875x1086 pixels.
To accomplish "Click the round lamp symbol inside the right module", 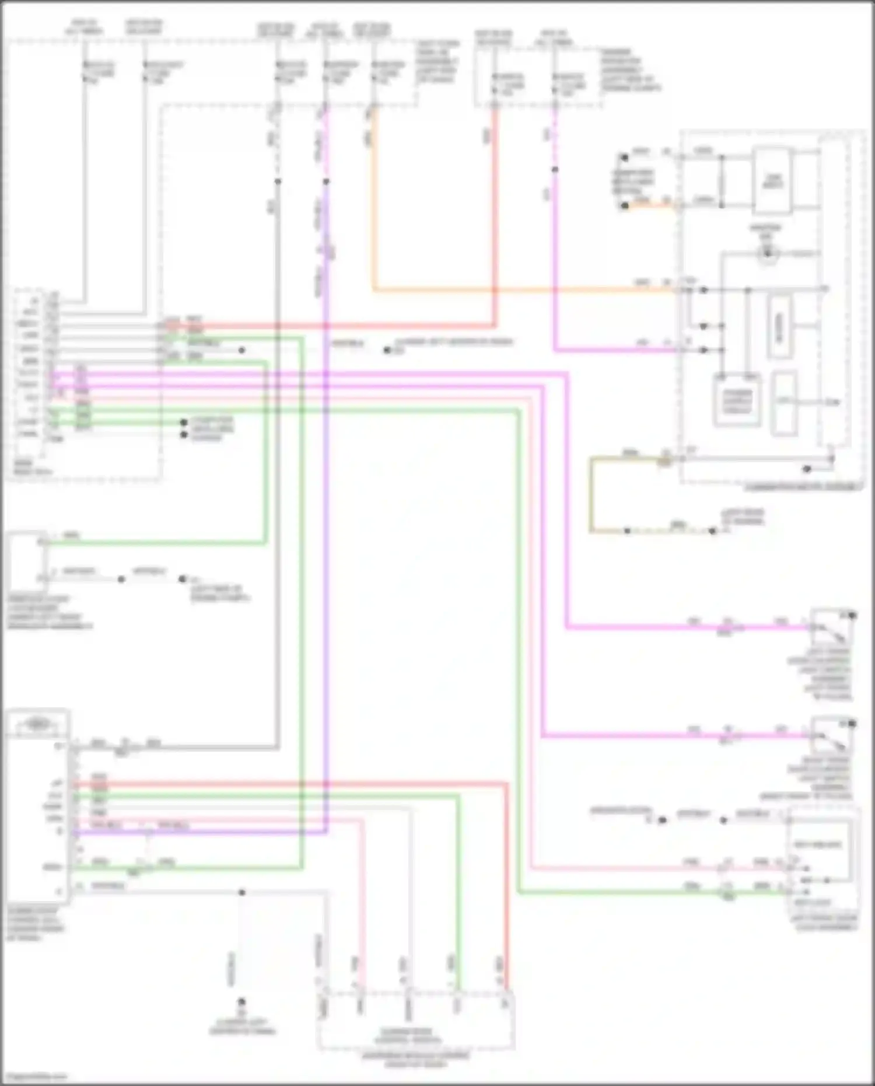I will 768,253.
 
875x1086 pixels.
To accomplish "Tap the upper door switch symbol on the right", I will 831,627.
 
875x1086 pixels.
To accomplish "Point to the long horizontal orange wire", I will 525,289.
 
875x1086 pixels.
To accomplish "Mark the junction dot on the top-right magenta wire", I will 555,170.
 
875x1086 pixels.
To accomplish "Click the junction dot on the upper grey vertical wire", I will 278,181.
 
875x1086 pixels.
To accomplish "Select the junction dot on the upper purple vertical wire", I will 326,181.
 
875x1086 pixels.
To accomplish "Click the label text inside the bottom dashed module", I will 408,1035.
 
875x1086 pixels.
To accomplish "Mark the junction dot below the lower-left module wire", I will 242,892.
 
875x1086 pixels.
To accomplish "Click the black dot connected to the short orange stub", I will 625,206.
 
